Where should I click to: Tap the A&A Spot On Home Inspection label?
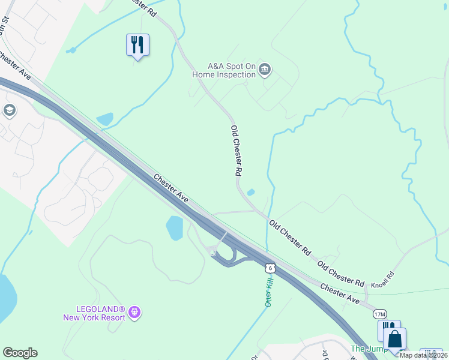click(x=223, y=71)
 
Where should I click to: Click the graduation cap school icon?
click(x=9, y=110)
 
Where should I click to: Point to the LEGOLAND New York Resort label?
click(x=94, y=313)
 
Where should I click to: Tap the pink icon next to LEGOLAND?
click(x=136, y=312)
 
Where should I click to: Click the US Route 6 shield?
click(x=271, y=268)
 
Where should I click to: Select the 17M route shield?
click(x=379, y=314)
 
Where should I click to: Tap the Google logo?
click(x=20, y=353)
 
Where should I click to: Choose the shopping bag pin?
click(x=395, y=340)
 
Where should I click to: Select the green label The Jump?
click(x=365, y=349)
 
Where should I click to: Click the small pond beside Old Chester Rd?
click(x=251, y=193)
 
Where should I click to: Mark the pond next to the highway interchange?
click(x=174, y=228)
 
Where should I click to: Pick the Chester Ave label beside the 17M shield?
click(x=339, y=293)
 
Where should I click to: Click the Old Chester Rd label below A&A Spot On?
click(x=237, y=150)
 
